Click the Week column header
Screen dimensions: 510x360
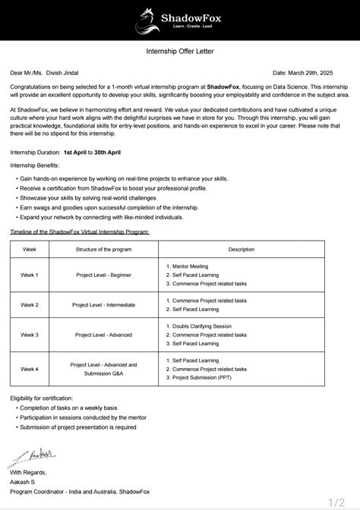(x=30, y=249)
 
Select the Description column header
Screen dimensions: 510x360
(x=241, y=249)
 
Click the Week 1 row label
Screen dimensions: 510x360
(x=30, y=274)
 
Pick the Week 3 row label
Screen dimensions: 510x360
(x=30, y=334)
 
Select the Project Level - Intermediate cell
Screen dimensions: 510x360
(x=105, y=304)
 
